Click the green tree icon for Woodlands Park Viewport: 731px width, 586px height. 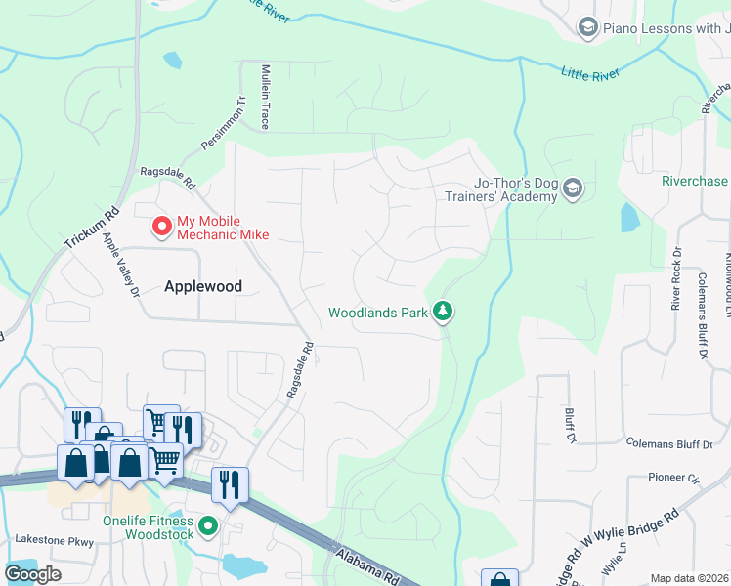click(x=445, y=313)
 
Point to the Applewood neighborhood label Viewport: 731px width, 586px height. click(x=202, y=286)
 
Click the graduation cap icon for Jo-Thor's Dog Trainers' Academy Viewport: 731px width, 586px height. click(x=573, y=188)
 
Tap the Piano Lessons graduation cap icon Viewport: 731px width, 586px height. click(x=587, y=27)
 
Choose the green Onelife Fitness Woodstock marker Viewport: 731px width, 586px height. click(x=207, y=527)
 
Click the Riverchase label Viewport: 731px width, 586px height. click(x=695, y=181)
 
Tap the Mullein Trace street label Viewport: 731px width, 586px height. click(x=264, y=98)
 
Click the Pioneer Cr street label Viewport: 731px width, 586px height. click(x=674, y=479)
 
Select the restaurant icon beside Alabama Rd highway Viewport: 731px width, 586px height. click(x=230, y=485)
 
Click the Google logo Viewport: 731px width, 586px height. click(x=33, y=574)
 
